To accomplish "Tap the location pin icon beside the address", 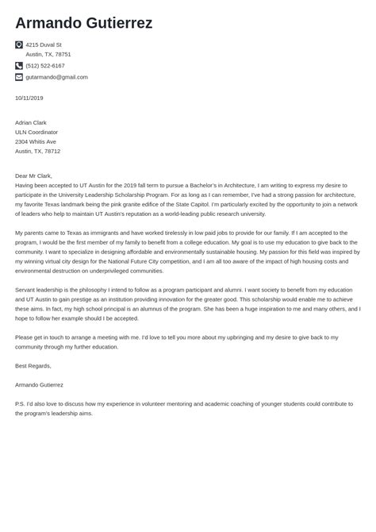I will pos(19,45).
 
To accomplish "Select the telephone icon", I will pos(19,66).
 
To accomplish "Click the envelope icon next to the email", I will pos(19,77).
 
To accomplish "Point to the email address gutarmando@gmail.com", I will pos(56,77).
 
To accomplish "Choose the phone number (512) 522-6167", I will pos(45,66).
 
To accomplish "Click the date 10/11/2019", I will pos(29,98).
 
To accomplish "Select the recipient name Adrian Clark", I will pos(31,123).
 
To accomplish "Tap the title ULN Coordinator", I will pos(36,133).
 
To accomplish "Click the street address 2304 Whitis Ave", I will pos(36,141).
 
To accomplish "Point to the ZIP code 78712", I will pos(52,151).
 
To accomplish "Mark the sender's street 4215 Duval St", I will pos(43,45).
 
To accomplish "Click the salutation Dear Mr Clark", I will pos(33,175).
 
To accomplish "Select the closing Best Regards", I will pos(33,366).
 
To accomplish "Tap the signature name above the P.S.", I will pos(40,384).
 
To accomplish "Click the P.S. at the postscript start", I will pos(20,403).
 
